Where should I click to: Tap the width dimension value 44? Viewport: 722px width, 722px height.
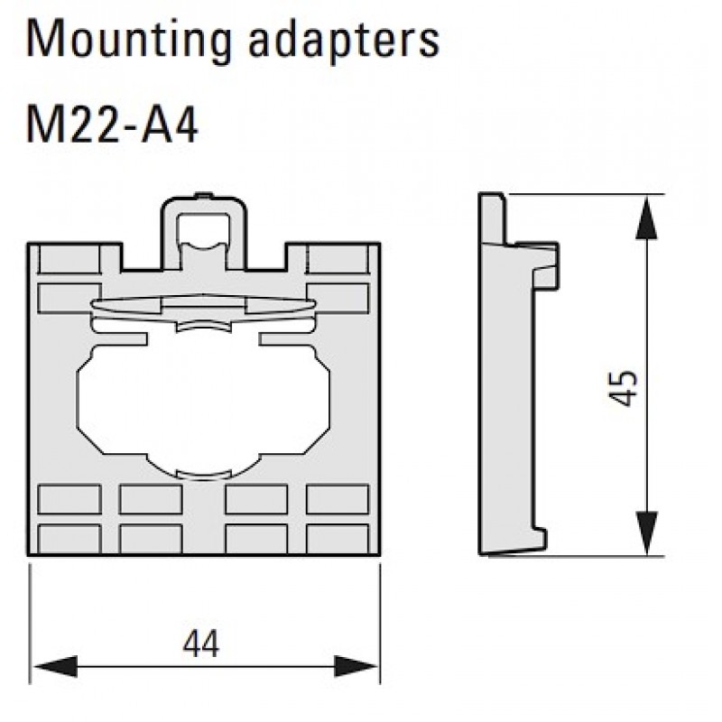[x=200, y=644]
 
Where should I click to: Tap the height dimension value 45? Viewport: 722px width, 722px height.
[x=624, y=387]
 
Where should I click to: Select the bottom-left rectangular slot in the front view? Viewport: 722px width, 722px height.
[x=69, y=539]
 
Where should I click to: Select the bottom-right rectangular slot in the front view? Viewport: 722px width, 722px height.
[x=337, y=539]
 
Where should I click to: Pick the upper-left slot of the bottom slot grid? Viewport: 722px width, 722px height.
[x=69, y=499]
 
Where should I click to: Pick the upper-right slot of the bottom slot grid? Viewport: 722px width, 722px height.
[x=337, y=499]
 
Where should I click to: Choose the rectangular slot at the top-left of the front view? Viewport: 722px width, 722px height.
[x=69, y=298]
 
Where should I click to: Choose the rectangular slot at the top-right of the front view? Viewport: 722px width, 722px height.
[x=337, y=298]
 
